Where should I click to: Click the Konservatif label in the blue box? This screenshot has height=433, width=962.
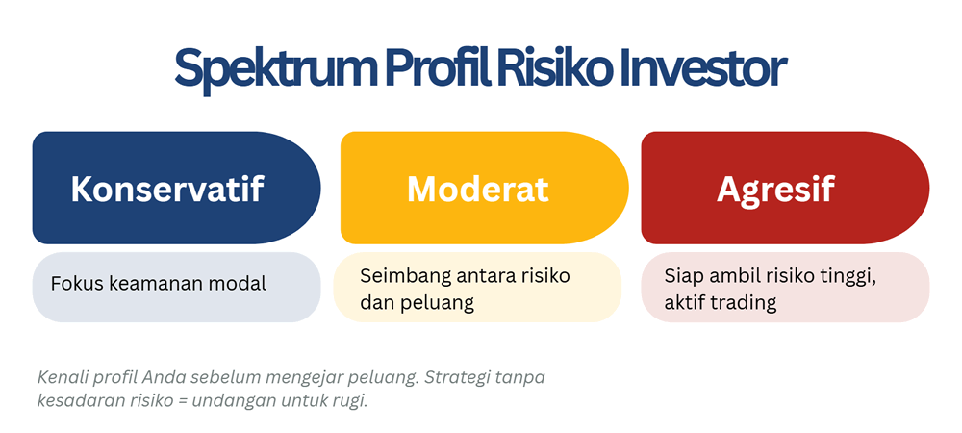coord(166,189)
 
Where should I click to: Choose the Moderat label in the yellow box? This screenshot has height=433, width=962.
coord(477,189)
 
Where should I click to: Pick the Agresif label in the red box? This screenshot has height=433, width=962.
coord(775,189)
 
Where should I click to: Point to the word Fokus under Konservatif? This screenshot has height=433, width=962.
coord(75,284)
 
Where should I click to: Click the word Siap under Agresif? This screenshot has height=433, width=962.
coord(683,276)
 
